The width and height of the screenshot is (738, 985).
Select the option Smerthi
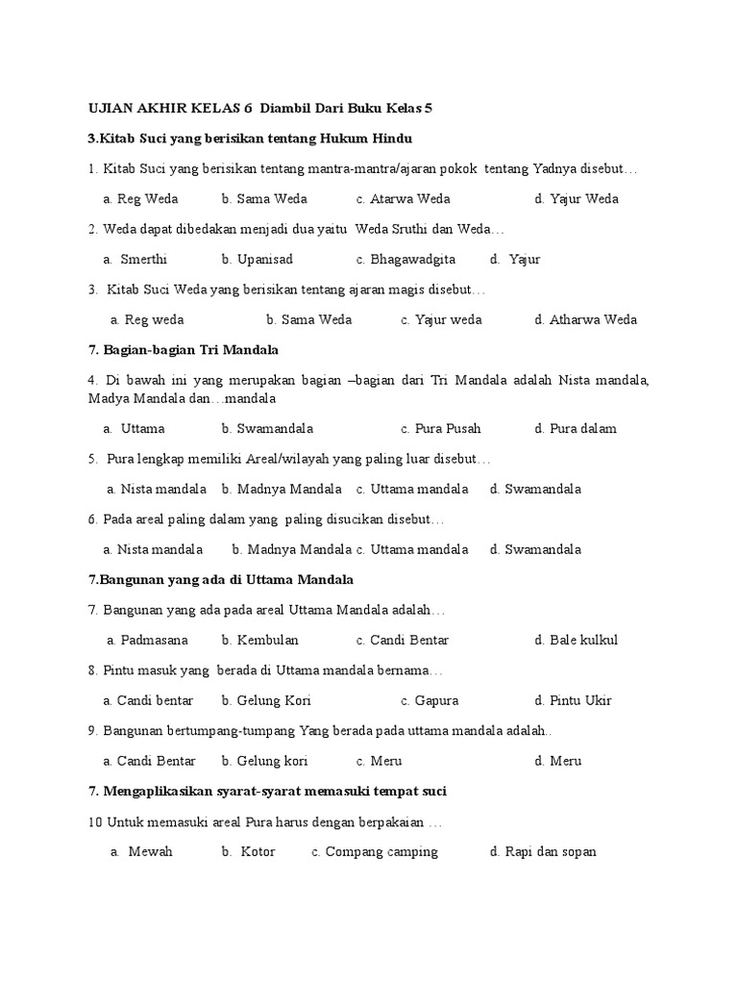pyautogui.click(x=143, y=259)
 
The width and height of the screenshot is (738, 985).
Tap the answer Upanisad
pyautogui.click(x=257, y=259)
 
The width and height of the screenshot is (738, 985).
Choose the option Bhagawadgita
pyautogui.click(x=412, y=259)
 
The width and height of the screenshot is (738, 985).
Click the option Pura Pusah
pyautogui.click(x=448, y=428)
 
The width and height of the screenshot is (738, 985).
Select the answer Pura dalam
pyautogui.click(x=582, y=428)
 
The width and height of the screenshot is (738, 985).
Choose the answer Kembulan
pyautogui.click(x=267, y=640)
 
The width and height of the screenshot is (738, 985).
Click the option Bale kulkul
pyautogui.click(x=583, y=640)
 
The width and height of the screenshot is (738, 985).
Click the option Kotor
pyautogui.click(x=258, y=851)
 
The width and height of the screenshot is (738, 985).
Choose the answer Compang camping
pyautogui.click(x=381, y=851)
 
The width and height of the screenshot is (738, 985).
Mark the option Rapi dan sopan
pyautogui.click(x=551, y=851)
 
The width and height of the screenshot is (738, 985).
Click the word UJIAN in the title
pyautogui.click(x=109, y=108)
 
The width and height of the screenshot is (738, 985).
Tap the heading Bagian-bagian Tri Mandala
pyautogui.click(x=183, y=349)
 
